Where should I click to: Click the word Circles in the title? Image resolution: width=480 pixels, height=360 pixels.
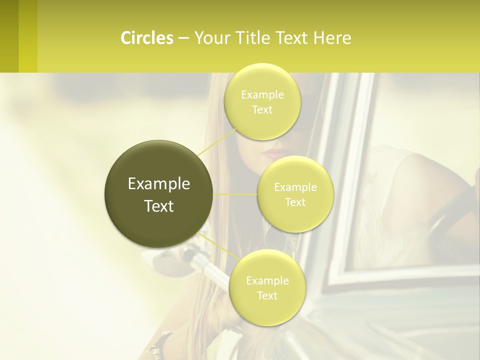point(146,38)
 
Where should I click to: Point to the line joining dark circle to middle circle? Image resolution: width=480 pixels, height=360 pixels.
point(235,194)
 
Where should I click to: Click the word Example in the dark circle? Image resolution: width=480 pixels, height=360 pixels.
point(158,184)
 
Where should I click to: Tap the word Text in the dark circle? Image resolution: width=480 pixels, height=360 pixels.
point(158,206)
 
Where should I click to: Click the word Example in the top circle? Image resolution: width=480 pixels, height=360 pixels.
point(262,95)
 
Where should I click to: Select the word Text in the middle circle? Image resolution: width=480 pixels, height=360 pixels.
point(295,202)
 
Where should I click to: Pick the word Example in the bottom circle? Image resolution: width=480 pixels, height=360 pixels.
point(267,280)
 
